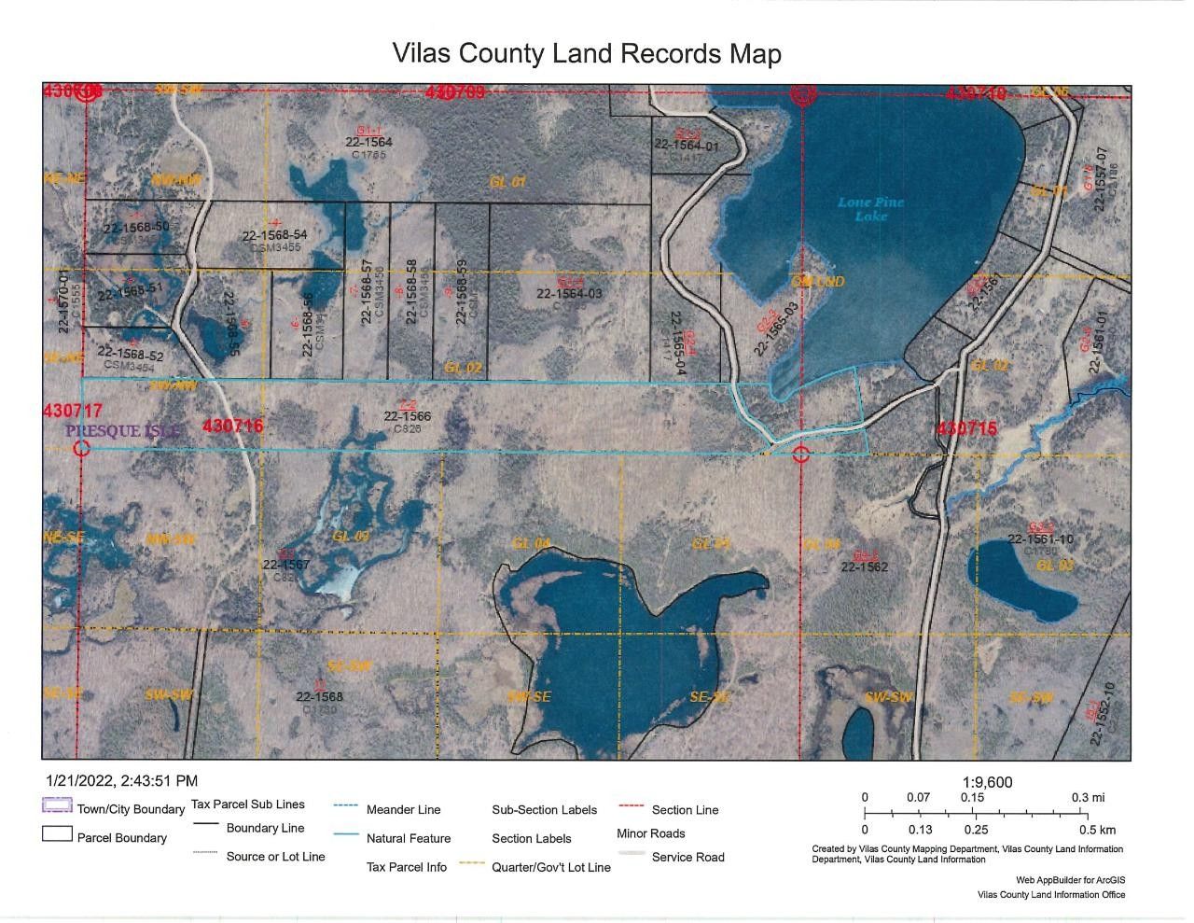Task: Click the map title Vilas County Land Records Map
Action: point(587,53)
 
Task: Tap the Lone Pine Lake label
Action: point(870,209)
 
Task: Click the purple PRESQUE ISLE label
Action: point(122,431)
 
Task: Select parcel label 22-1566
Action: point(408,416)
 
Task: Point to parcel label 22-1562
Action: point(864,566)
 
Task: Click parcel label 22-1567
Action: point(286,565)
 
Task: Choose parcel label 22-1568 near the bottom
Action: point(320,696)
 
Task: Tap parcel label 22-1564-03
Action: point(569,293)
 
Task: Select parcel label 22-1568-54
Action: point(274,235)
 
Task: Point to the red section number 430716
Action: point(232,427)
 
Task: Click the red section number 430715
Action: point(966,428)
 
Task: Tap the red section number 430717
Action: point(72,411)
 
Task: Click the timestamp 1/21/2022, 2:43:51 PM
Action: point(121,781)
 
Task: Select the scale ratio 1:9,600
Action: point(986,783)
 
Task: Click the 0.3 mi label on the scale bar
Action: point(1088,797)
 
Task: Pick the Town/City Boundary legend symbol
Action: point(58,807)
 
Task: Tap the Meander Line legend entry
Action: point(403,809)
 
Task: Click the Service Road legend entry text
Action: point(687,857)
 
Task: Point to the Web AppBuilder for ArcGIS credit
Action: point(1070,880)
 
